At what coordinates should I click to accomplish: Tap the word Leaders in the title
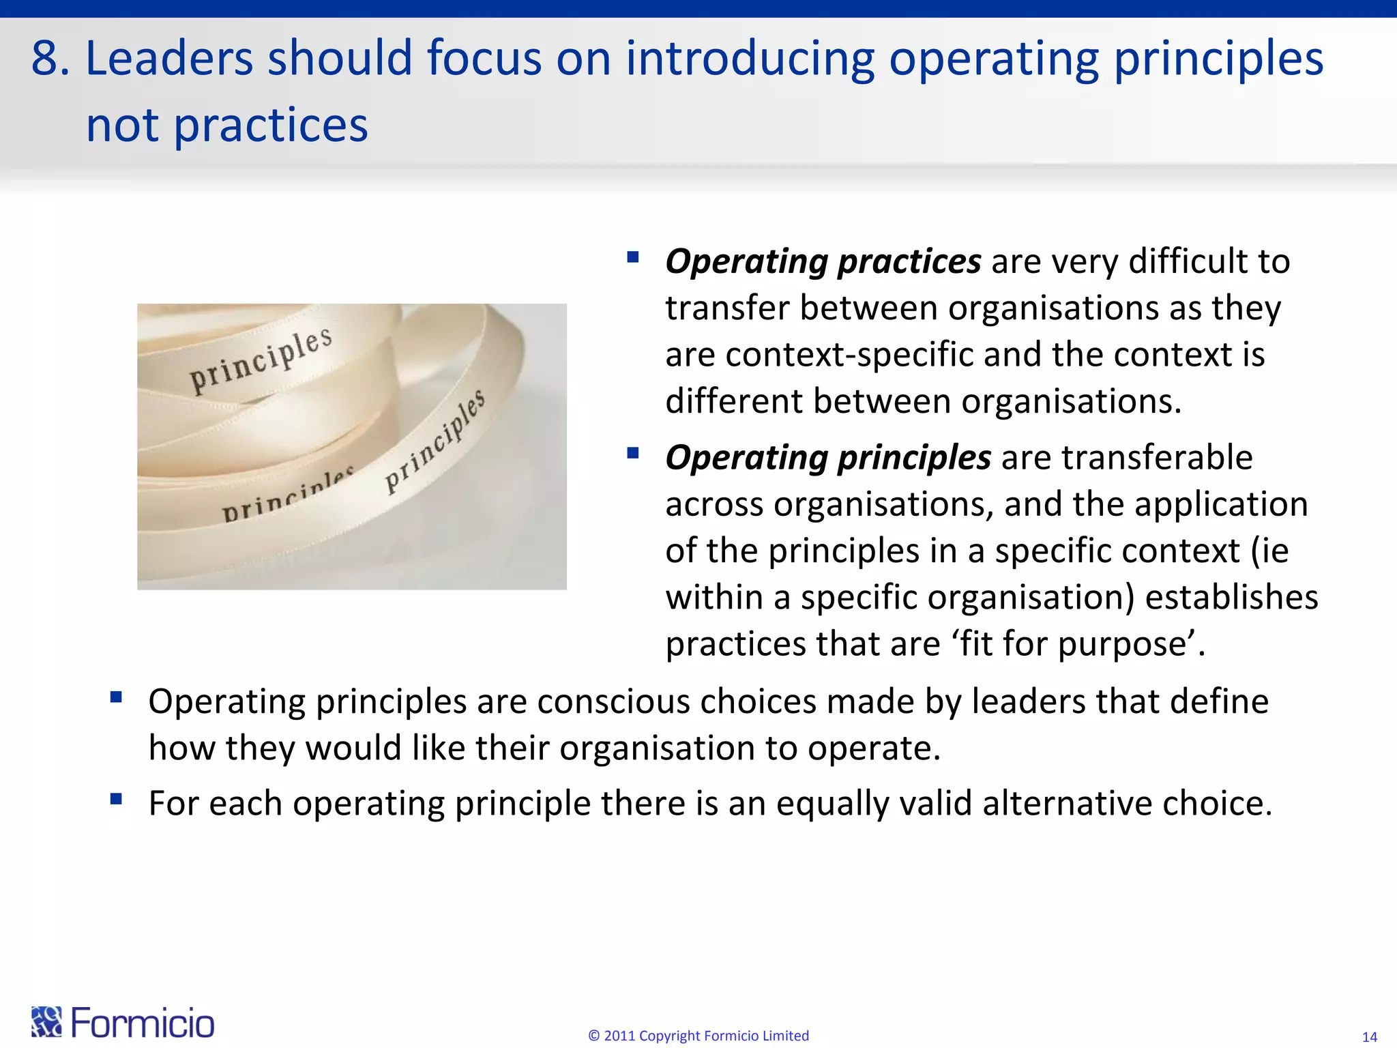tap(169, 59)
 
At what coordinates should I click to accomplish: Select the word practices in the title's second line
tap(271, 126)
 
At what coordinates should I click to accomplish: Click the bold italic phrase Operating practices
tap(823, 262)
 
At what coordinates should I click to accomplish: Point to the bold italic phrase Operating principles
tap(827, 458)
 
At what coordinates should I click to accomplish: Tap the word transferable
tap(1160, 458)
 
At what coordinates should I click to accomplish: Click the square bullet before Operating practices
tap(632, 258)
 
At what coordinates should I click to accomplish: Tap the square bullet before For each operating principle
tap(116, 799)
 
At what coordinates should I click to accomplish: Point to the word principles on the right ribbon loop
tap(435, 442)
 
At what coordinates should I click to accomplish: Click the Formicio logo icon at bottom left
tap(46, 1021)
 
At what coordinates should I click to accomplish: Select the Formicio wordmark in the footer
tap(143, 1023)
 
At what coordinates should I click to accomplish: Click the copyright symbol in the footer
tap(593, 1036)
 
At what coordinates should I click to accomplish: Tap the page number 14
tap(1369, 1037)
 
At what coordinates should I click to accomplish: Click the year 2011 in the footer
tap(619, 1036)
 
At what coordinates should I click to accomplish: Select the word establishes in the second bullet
tap(1231, 598)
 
